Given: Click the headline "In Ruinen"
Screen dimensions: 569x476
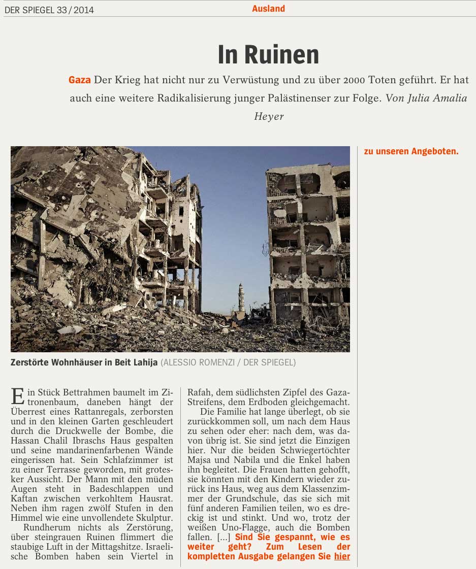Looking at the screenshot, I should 268,55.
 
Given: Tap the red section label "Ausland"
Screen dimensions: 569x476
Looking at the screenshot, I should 268,9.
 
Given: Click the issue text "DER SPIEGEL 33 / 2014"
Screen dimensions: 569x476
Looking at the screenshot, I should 49,10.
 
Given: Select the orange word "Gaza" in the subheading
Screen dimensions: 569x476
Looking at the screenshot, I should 80,80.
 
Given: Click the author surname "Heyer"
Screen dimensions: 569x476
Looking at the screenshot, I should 269,116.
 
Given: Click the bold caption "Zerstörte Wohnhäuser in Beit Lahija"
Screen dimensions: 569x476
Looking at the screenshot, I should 84,363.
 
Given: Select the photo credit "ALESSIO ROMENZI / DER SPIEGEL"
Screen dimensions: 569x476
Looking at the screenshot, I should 228,363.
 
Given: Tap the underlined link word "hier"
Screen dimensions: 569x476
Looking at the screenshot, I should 342,556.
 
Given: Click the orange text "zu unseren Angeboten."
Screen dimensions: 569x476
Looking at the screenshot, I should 411,151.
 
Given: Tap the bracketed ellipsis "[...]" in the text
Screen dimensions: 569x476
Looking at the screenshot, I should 224,537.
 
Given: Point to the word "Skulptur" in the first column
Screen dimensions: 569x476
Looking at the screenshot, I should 153,518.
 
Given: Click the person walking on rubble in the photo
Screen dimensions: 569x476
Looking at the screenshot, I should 303,327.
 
